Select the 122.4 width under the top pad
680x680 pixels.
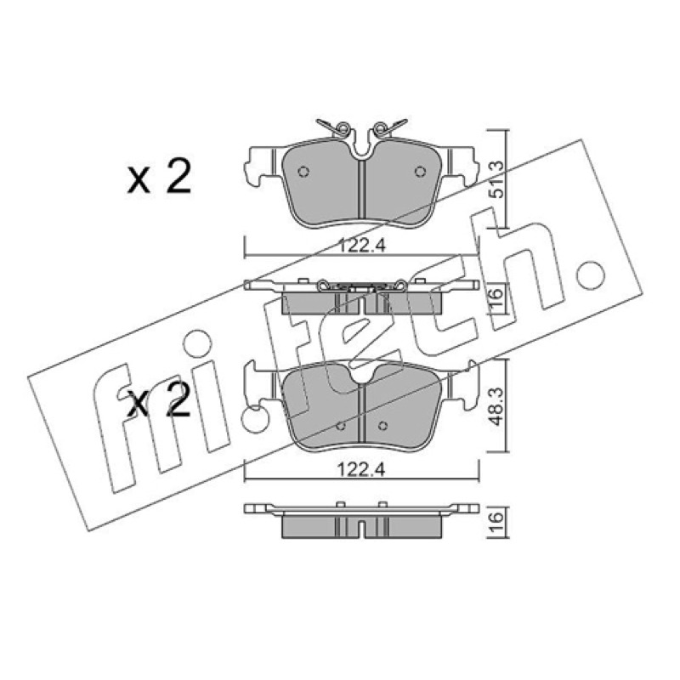coord(362,246)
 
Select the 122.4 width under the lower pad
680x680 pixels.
coord(362,470)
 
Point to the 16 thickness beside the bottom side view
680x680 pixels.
coord(498,518)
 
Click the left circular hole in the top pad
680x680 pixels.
coord(303,172)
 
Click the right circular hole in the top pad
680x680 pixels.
coord(420,172)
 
